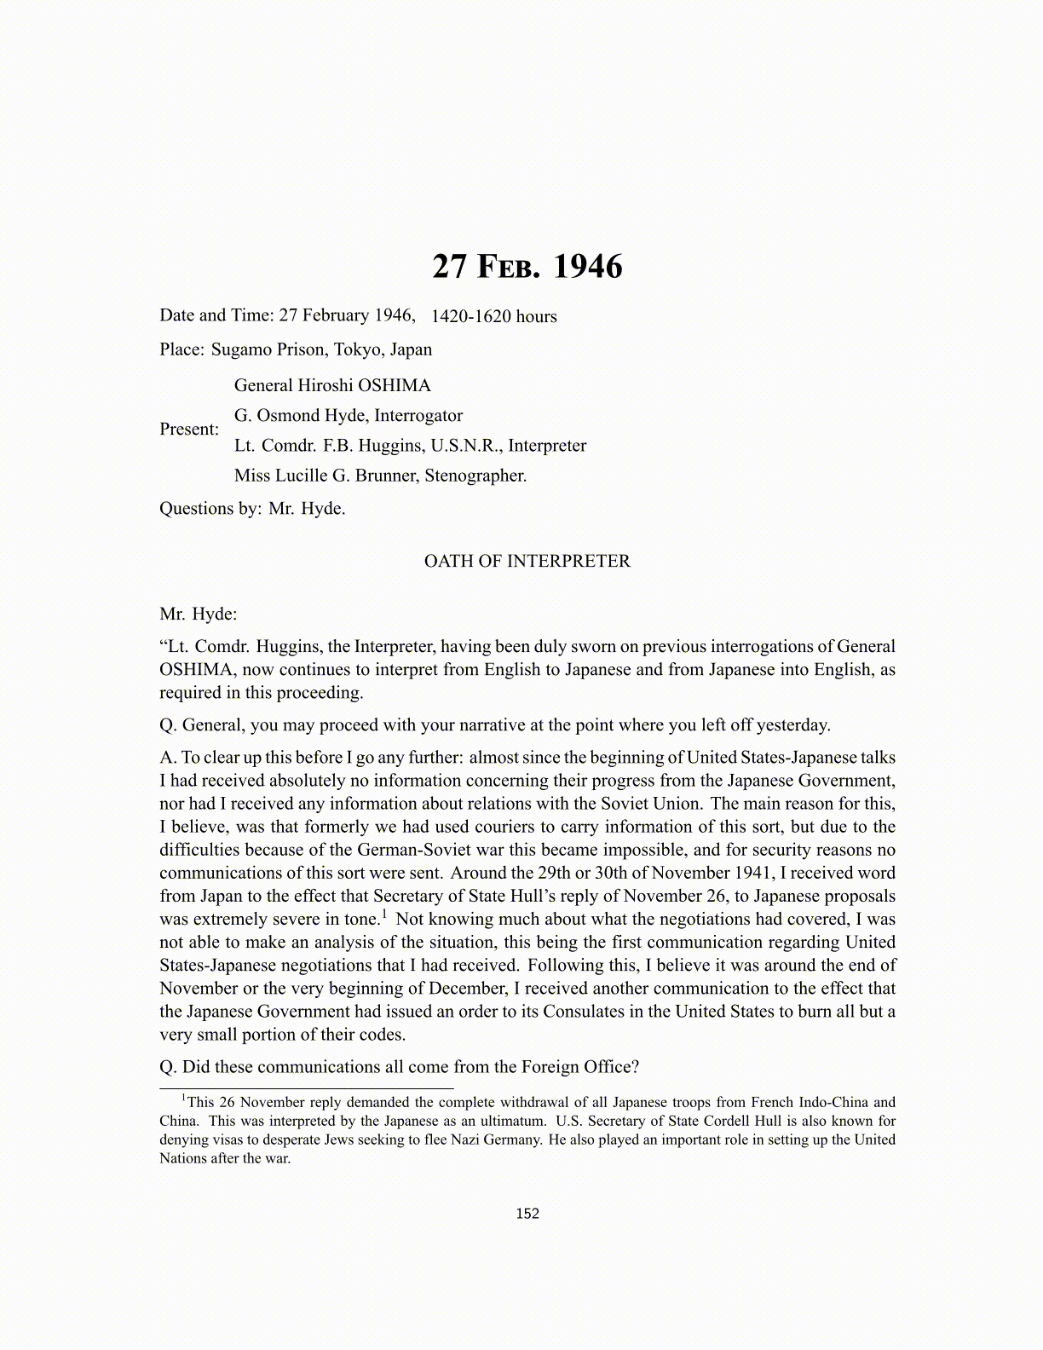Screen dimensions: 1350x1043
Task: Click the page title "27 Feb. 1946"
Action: click(527, 267)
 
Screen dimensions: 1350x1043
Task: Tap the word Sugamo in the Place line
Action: click(241, 349)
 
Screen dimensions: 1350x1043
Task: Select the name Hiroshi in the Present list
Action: click(325, 385)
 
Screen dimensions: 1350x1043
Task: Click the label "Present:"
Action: click(189, 430)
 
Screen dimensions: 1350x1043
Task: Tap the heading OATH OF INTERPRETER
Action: click(527, 562)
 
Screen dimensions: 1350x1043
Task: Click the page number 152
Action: click(527, 1214)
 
